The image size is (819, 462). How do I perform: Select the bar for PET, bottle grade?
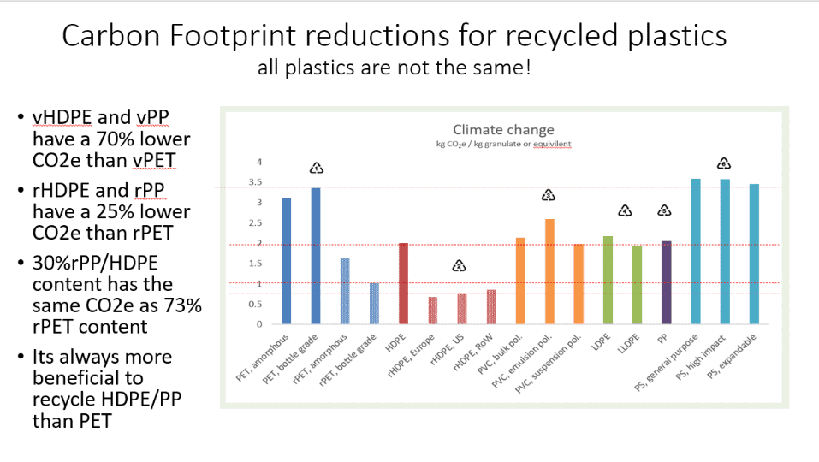tap(315, 256)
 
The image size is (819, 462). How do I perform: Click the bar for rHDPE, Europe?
tap(433, 311)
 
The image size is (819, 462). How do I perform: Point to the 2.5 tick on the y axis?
tap(254, 223)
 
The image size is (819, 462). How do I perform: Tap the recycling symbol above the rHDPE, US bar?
tap(460, 266)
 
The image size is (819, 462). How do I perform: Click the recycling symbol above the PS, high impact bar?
tap(723, 163)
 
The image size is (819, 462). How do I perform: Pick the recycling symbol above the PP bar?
tap(664, 211)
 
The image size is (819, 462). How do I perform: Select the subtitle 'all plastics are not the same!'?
tap(394, 68)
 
